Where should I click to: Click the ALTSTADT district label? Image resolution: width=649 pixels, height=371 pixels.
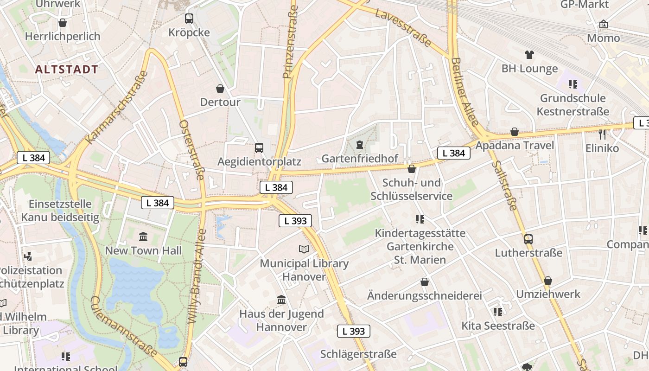point(67,70)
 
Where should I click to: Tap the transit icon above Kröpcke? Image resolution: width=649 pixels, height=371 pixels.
point(189,19)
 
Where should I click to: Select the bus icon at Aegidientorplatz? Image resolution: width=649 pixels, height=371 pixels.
point(259,148)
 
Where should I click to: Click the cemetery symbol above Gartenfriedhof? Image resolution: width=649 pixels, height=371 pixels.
point(359,145)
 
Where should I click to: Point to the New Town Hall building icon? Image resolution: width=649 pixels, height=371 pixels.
point(143,237)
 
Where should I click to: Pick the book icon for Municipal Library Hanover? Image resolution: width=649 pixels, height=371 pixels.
point(304,249)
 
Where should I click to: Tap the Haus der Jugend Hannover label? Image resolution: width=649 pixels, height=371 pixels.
point(281,320)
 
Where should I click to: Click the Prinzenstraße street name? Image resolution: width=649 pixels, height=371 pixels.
point(291,42)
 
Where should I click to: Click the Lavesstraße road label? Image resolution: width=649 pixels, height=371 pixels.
point(403,27)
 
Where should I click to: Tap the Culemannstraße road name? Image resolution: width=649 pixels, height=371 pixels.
point(123,327)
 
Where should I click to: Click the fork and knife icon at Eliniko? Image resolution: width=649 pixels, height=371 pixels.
point(602,134)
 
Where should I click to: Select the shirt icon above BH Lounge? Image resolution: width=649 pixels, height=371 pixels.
point(529,55)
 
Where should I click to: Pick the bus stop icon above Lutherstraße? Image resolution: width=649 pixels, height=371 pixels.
point(528,239)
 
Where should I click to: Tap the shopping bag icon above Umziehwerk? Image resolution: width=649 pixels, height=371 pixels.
point(548,281)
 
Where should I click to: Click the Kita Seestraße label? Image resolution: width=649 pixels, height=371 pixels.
point(498,326)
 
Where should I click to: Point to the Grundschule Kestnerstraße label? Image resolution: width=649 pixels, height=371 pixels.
point(573,105)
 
